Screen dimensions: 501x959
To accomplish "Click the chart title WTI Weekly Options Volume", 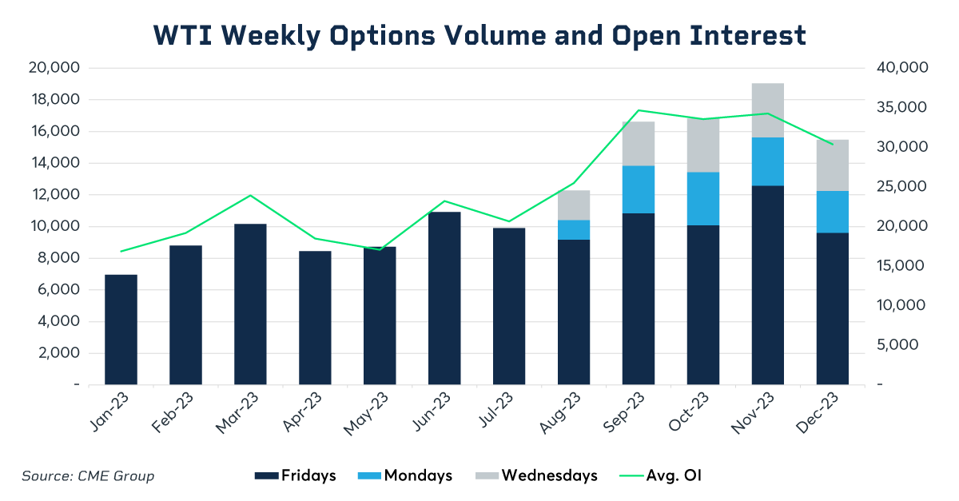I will pyautogui.click(x=479, y=35).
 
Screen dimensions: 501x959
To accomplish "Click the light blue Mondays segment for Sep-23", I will pyautogui.click(x=639, y=189).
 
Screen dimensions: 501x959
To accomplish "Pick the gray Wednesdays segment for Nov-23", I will pyautogui.click(x=768, y=110).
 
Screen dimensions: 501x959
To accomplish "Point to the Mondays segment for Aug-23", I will pyautogui.click(x=574, y=229).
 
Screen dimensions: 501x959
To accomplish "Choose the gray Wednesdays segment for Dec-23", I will pyautogui.click(x=833, y=165).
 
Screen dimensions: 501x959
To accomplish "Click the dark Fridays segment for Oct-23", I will pyautogui.click(x=703, y=304).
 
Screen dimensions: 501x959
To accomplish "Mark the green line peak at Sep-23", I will pyautogui.click(x=639, y=110).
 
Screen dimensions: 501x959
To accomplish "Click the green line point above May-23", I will pyautogui.click(x=380, y=249).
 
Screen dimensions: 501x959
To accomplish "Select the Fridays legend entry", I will pyautogui.click(x=296, y=475).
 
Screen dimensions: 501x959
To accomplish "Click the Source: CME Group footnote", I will pyautogui.click(x=88, y=476).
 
